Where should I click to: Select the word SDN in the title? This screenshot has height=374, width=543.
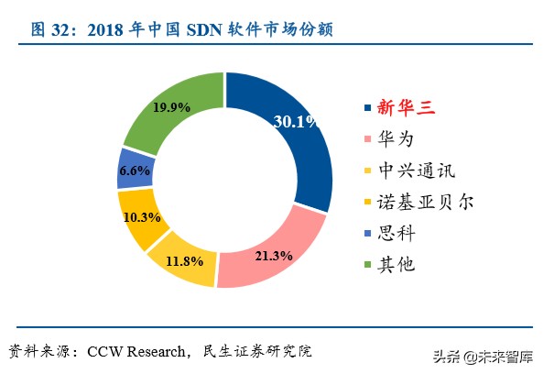[x=205, y=30]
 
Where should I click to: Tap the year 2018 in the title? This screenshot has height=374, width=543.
[x=108, y=30]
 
